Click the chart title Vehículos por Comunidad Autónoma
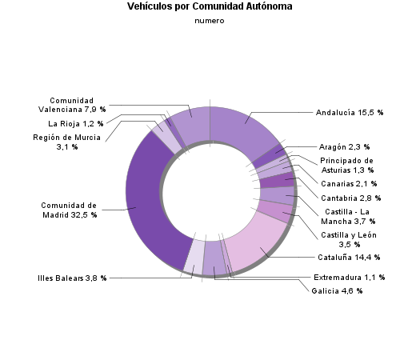click(x=210, y=6)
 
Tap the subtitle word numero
click(x=210, y=21)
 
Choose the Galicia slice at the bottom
click(x=214, y=257)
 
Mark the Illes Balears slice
click(x=194, y=254)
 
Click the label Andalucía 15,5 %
click(x=350, y=113)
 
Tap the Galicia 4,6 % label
click(x=337, y=291)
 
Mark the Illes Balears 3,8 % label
click(x=72, y=278)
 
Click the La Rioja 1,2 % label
click(x=76, y=124)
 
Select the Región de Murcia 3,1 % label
click(x=66, y=142)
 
